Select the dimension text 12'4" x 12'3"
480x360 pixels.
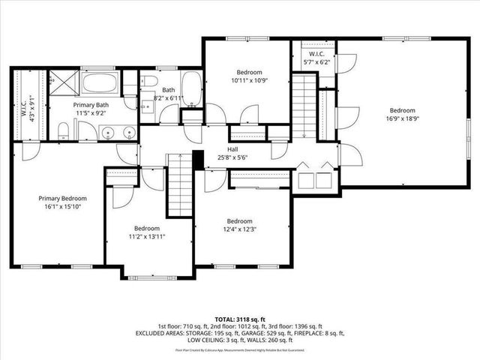(x=239, y=229)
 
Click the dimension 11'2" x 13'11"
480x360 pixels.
(x=147, y=236)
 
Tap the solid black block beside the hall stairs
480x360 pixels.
(x=198, y=159)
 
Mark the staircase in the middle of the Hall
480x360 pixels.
(x=179, y=183)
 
